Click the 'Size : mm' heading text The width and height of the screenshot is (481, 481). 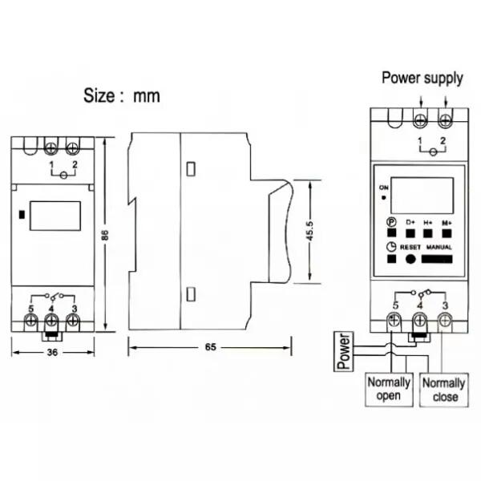pyautogui.click(x=122, y=95)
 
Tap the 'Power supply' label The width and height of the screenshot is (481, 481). pyautogui.click(x=422, y=79)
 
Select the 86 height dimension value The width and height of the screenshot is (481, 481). pyautogui.click(x=105, y=235)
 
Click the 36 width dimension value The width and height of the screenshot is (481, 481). pyautogui.click(x=52, y=352)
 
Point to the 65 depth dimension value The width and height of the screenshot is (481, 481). pyautogui.click(x=210, y=347)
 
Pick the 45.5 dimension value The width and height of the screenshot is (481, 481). pyautogui.click(x=309, y=231)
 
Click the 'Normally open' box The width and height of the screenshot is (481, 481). pyautogui.click(x=389, y=390)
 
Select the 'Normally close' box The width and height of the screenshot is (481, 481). pyautogui.click(x=444, y=390)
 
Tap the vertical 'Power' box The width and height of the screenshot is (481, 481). pyautogui.click(x=344, y=352)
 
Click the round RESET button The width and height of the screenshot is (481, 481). pyautogui.click(x=410, y=259)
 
